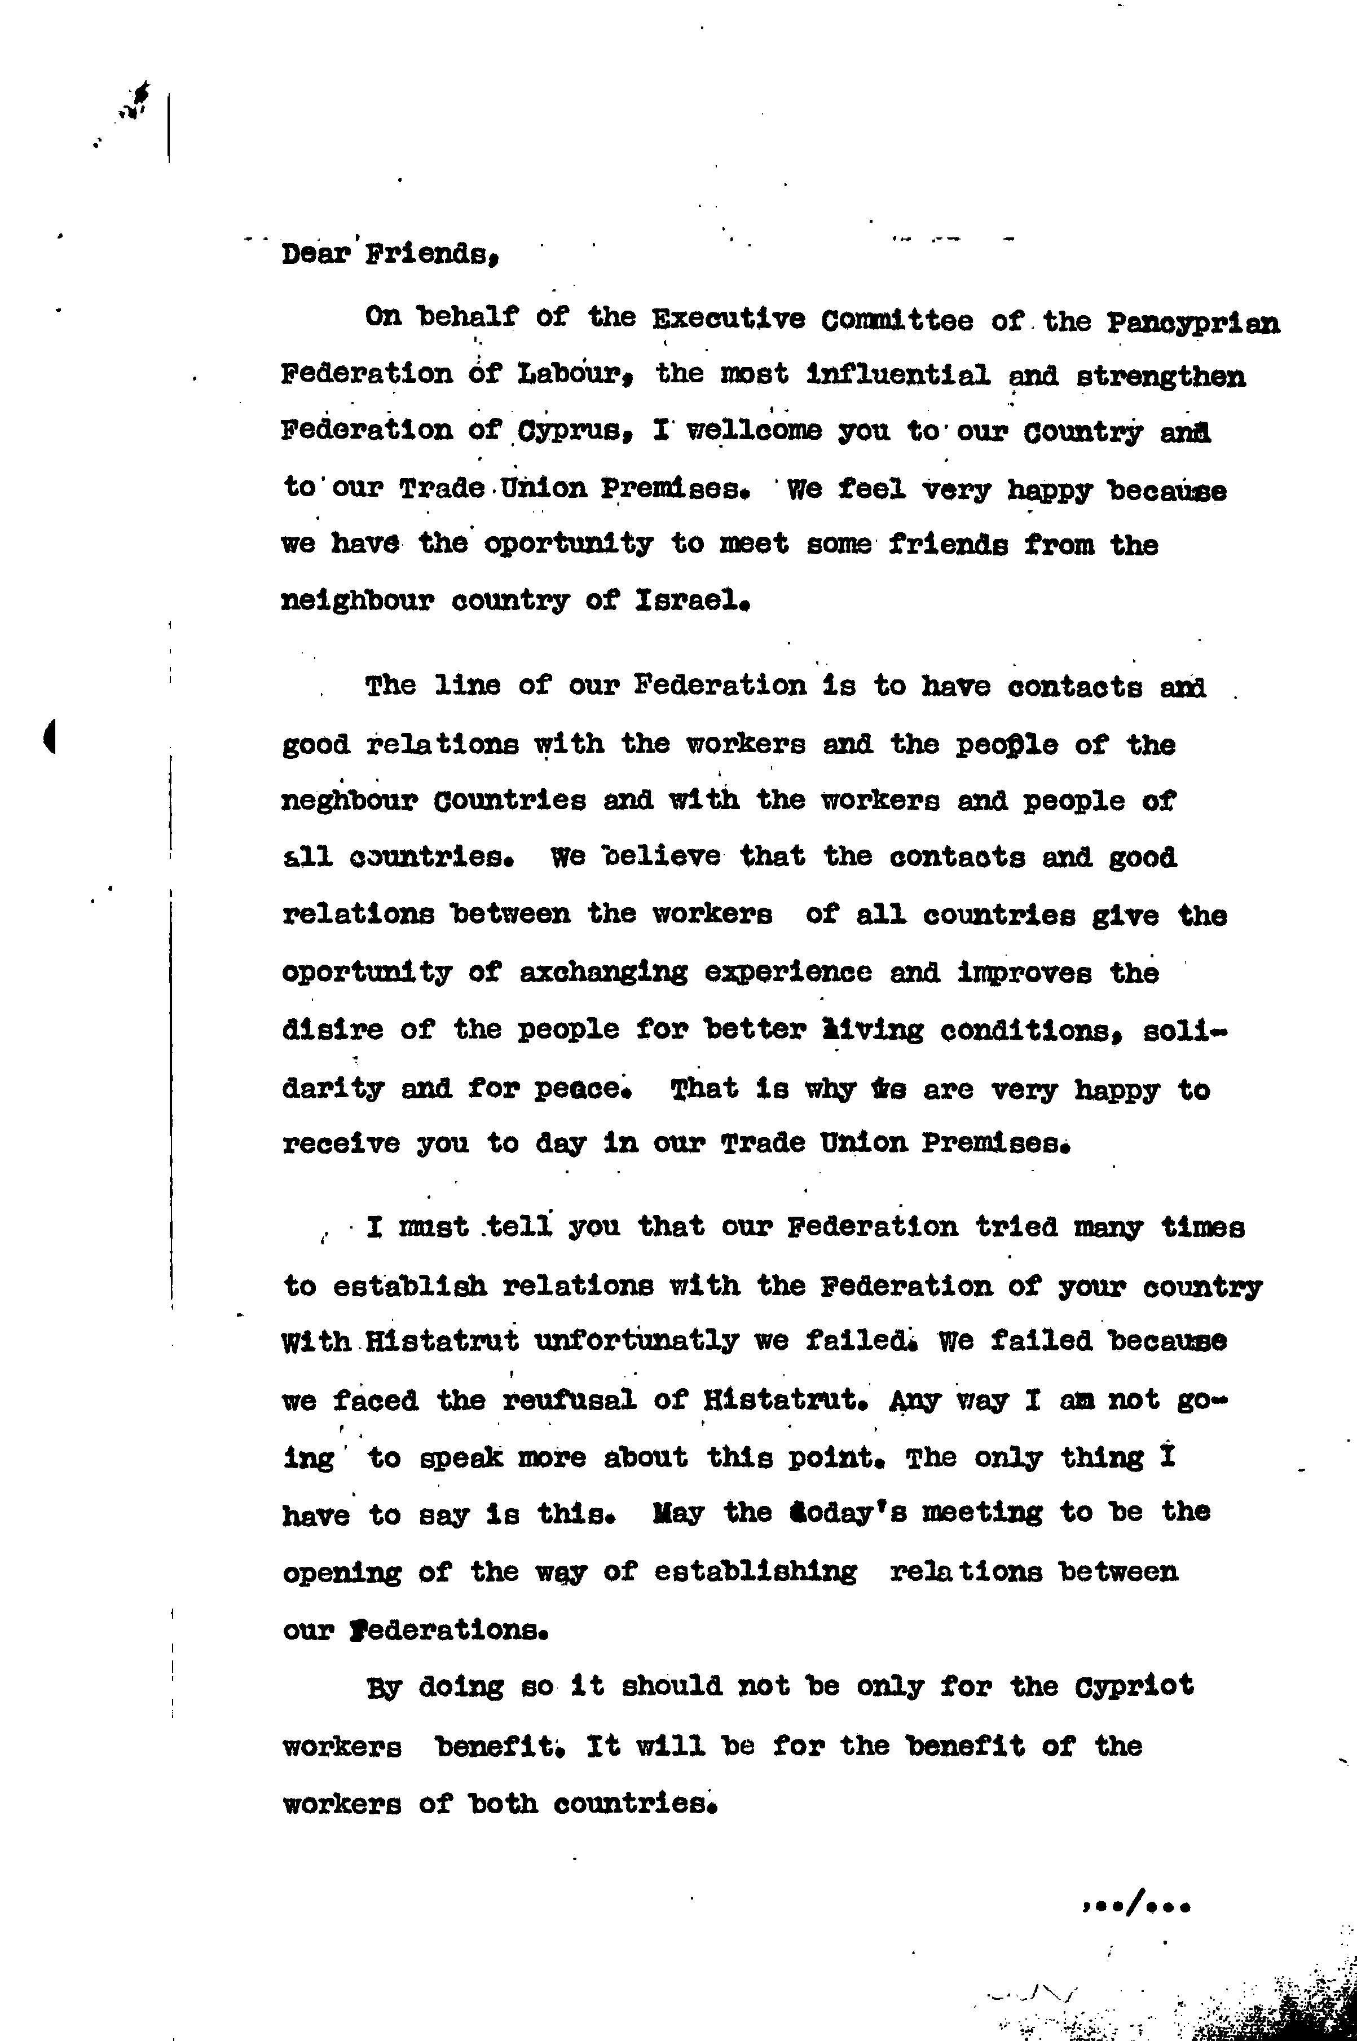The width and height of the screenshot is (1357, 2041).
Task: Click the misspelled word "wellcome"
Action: (753, 431)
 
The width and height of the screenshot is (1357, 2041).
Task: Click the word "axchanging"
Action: (604, 973)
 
